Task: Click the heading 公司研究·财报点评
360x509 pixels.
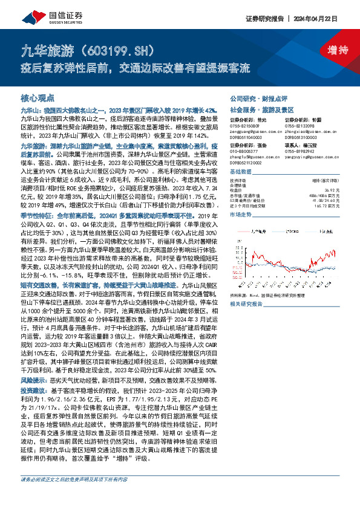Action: tap(254, 97)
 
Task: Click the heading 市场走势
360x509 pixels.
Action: tap(241, 214)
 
